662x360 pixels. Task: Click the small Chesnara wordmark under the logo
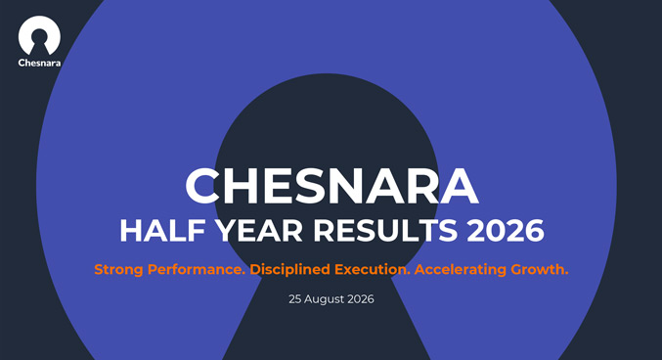(x=39, y=63)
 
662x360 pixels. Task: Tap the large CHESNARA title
(x=331, y=186)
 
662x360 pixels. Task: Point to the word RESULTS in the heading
(x=385, y=231)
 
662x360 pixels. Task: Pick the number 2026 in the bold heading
(x=506, y=231)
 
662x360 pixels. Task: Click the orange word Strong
(x=118, y=270)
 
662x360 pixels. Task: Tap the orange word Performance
(x=197, y=269)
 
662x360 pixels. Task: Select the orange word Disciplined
(x=290, y=269)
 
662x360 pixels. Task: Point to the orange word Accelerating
(x=461, y=270)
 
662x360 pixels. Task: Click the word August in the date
(x=324, y=299)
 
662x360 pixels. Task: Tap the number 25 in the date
(x=294, y=299)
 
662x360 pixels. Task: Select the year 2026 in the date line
(x=361, y=299)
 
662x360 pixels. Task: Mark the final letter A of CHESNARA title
(x=460, y=186)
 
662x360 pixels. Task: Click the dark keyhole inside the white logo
(x=39, y=43)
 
